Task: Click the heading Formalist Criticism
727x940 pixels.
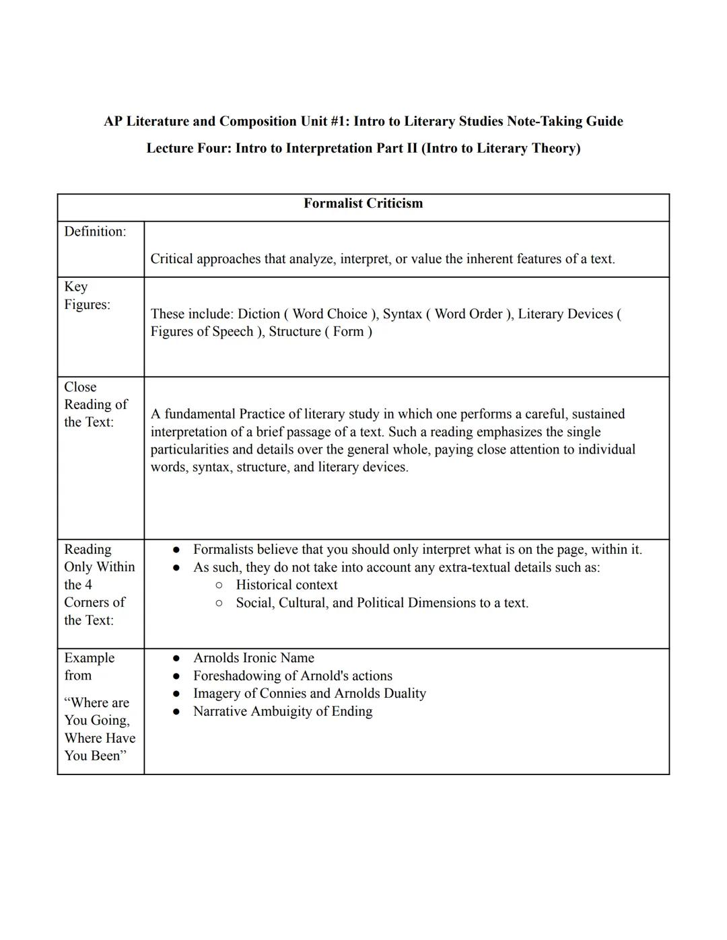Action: click(363, 203)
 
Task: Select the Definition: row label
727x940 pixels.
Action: click(95, 231)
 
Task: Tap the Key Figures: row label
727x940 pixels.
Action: click(87, 295)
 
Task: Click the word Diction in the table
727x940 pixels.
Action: click(258, 314)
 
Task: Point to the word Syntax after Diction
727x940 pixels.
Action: click(402, 314)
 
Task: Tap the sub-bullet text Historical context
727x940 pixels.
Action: click(286, 585)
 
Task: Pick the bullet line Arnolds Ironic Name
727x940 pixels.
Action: click(253, 658)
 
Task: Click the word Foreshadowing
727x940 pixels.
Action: click(236, 676)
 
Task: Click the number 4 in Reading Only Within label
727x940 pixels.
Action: click(88, 585)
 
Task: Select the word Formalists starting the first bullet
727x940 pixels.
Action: click(223, 550)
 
